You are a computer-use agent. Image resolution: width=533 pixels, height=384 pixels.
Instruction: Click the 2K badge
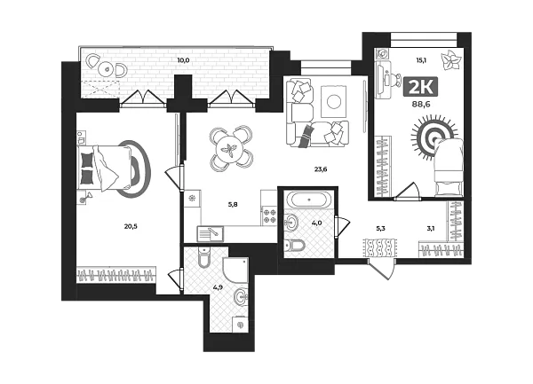pyautogui.click(x=420, y=87)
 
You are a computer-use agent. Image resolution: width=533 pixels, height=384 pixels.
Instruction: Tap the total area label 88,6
pyautogui.click(x=421, y=105)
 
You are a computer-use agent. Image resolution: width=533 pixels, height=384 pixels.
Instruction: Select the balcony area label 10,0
pyautogui.click(x=183, y=60)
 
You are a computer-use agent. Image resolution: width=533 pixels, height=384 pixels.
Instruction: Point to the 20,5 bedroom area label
pyautogui.click(x=131, y=227)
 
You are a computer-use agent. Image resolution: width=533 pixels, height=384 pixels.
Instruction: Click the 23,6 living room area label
pyautogui.click(x=321, y=168)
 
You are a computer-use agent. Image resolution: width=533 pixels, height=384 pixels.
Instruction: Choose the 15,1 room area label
pyautogui.click(x=421, y=60)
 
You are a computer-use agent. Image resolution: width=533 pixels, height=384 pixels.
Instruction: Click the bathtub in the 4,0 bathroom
pyautogui.click(x=308, y=200)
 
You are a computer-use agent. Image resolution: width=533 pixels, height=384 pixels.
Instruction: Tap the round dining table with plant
pyautogui.click(x=231, y=149)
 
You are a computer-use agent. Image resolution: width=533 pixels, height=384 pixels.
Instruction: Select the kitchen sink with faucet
pyautogui.click(x=210, y=233)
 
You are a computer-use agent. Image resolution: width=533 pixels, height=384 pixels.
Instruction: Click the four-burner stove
pyautogui.click(x=269, y=216)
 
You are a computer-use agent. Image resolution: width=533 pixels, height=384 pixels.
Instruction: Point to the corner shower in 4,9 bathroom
pyautogui.click(x=235, y=270)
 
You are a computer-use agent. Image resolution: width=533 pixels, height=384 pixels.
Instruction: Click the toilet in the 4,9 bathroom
pyautogui.click(x=204, y=258)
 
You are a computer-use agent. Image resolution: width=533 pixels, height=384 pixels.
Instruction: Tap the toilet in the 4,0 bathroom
pyautogui.click(x=295, y=245)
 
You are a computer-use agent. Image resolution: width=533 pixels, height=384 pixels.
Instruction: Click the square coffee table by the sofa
pyautogui.click(x=333, y=101)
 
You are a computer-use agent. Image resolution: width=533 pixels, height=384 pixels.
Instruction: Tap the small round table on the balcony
pyautogui.click(x=107, y=69)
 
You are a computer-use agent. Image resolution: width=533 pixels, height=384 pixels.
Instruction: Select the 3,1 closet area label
pyautogui.click(x=430, y=229)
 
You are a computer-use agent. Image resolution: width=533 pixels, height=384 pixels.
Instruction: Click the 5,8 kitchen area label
pyautogui.click(x=233, y=205)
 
